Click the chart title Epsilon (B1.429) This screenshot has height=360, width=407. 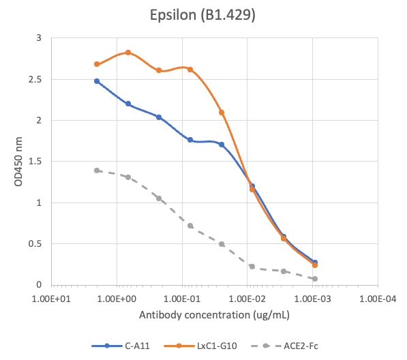click(203, 15)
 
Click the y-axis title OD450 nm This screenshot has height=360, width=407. click(15, 162)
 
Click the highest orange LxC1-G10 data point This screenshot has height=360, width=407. click(128, 52)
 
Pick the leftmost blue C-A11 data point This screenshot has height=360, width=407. click(97, 81)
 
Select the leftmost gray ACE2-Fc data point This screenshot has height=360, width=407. click(97, 170)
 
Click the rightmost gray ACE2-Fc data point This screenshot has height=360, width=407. click(315, 279)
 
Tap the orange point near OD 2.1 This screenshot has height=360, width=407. click(222, 112)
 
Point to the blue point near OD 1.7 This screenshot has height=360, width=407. click(222, 145)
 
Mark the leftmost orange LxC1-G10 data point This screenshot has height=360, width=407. click(97, 64)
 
